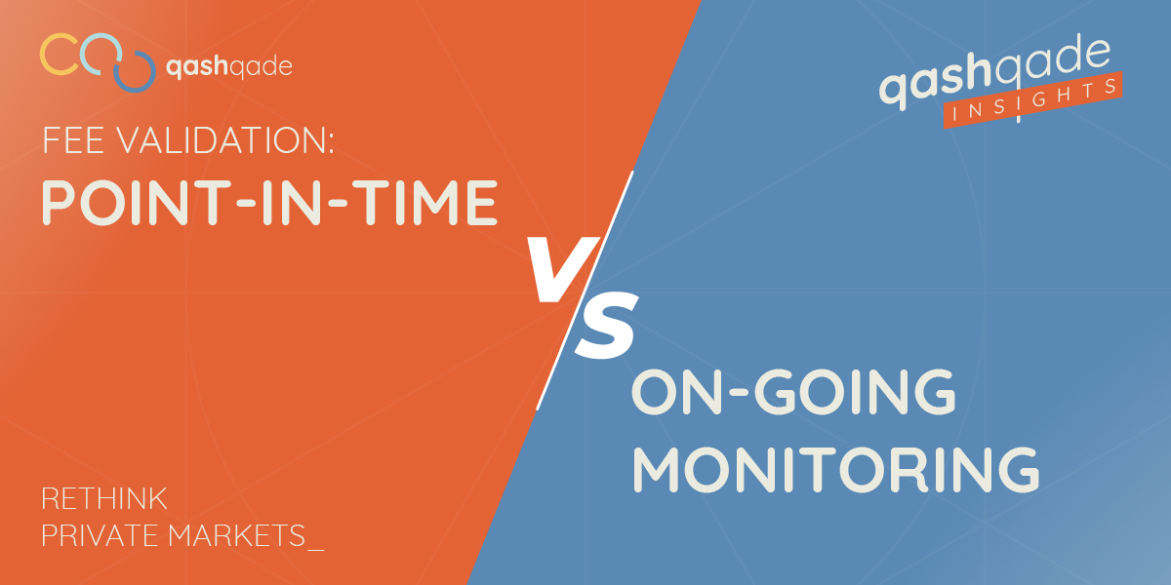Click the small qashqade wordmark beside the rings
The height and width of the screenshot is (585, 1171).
click(x=228, y=67)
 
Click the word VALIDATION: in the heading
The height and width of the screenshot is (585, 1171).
click(x=224, y=140)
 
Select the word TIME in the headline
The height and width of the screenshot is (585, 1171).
click(x=427, y=203)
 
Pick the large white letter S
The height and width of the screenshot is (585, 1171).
click(x=606, y=325)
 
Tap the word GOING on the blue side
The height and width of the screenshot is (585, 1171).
click(x=855, y=392)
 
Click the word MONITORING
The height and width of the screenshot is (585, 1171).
click(x=836, y=469)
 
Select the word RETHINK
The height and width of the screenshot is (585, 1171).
click(x=104, y=499)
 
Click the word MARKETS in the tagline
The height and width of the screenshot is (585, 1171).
click(x=237, y=535)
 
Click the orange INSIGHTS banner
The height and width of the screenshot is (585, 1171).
click(x=1033, y=99)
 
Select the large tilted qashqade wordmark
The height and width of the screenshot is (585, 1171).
click(x=994, y=72)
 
